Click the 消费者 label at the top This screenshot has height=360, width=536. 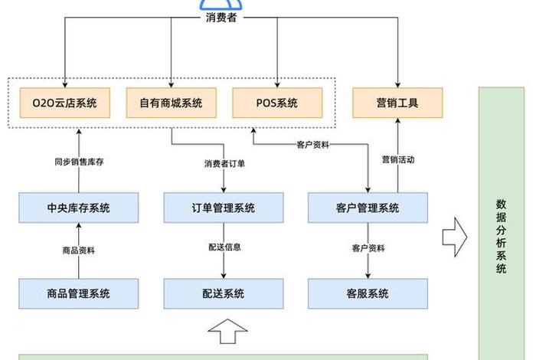pyautogui.click(x=222, y=18)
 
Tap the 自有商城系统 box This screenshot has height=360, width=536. pyautogui.click(x=170, y=103)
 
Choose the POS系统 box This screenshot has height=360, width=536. pyautogui.click(x=276, y=103)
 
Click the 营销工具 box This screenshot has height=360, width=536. pyautogui.click(x=397, y=103)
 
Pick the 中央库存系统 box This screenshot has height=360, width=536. pyautogui.click(x=78, y=208)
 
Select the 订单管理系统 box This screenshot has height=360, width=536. pyautogui.click(x=223, y=208)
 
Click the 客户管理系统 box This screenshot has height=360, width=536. pyautogui.click(x=368, y=208)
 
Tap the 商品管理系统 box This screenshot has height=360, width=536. pyautogui.click(x=78, y=293)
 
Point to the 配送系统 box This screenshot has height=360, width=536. pyautogui.click(x=223, y=293)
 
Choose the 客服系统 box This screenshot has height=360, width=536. pyautogui.click(x=368, y=293)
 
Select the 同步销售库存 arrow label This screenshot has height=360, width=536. pyautogui.click(x=78, y=162)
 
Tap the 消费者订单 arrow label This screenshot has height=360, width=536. pyautogui.click(x=224, y=163)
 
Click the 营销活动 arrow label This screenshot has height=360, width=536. pyautogui.click(x=397, y=159)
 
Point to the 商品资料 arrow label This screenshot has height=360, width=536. pyautogui.click(x=78, y=250)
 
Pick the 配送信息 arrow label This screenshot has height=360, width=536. pyautogui.click(x=224, y=247)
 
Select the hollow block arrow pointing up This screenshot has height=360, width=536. pyautogui.click(x=227, y=331)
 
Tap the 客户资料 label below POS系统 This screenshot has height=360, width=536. pyautogui.click(x=312, y=144)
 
